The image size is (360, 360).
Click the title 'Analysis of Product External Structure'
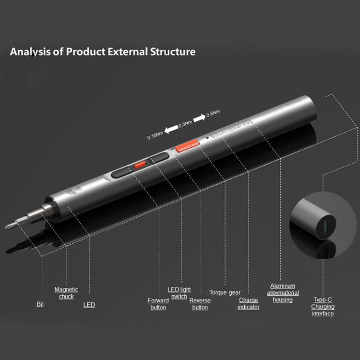point(103,51)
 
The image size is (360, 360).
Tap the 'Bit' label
point(40,304)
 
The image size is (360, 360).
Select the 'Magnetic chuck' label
point(66,293)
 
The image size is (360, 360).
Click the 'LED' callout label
point(89,305)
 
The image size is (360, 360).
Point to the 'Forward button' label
point(158,304)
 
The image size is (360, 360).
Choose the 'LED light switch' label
point(179,293)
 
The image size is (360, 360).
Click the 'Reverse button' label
point(200,304)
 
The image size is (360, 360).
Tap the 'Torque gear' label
point(225,292)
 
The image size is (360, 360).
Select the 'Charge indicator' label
point(249,304)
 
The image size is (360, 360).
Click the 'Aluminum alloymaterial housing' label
point(283,293)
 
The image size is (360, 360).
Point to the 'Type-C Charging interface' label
point(323,306)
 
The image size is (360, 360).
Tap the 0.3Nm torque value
point(185,124)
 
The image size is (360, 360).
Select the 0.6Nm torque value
point(213,113)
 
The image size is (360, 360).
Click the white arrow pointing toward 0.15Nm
point(170,129)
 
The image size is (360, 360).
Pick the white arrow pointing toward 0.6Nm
point(199,118)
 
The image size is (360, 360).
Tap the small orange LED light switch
point(140,165)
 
